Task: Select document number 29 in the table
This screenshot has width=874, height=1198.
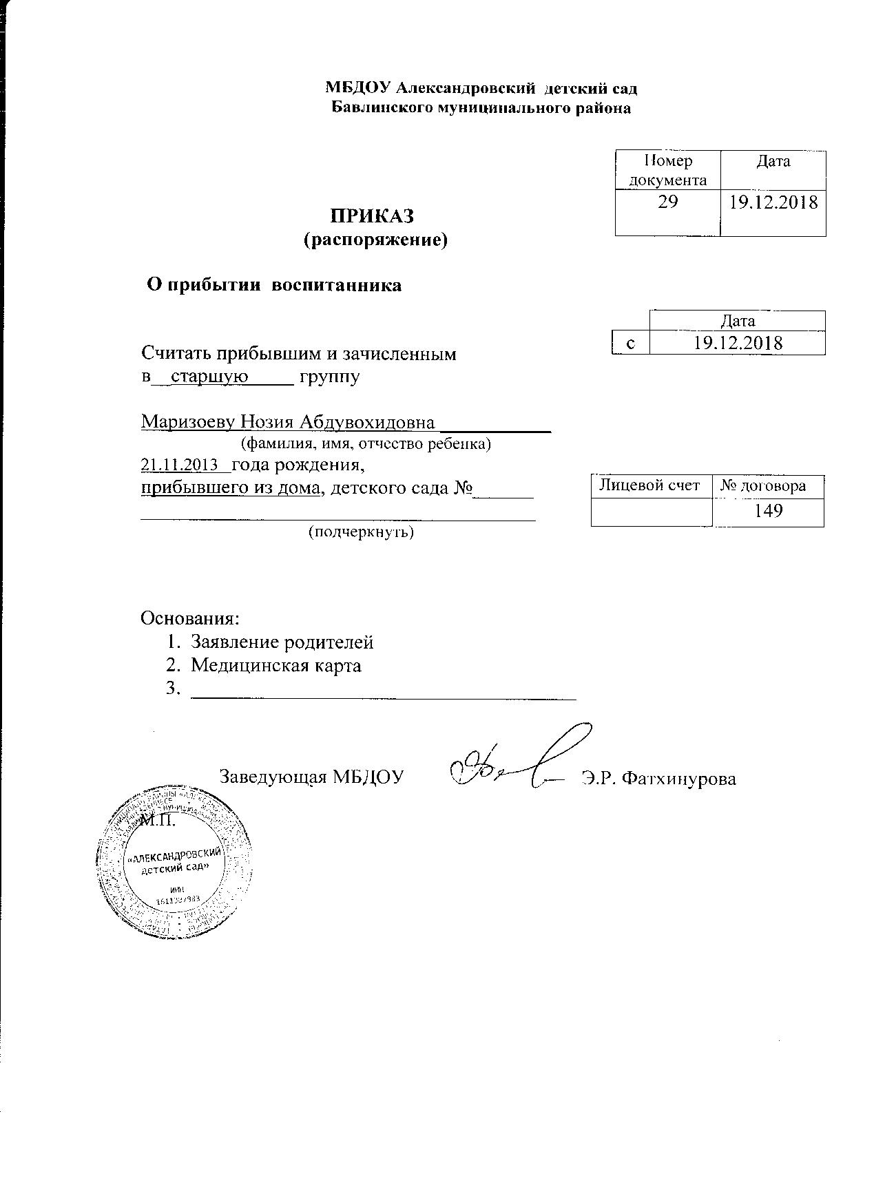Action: (667, 202)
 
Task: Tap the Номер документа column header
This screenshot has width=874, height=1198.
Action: (667, 170)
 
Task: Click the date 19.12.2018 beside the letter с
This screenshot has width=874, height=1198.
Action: (738, 343)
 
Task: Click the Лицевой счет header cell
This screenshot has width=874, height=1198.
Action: (650, 485)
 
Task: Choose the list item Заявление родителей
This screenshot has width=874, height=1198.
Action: (282, 642)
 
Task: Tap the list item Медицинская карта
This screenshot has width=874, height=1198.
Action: (275, 666)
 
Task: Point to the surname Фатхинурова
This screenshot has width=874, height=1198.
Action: (678, 779)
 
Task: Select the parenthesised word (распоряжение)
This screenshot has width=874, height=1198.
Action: (375, 240)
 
